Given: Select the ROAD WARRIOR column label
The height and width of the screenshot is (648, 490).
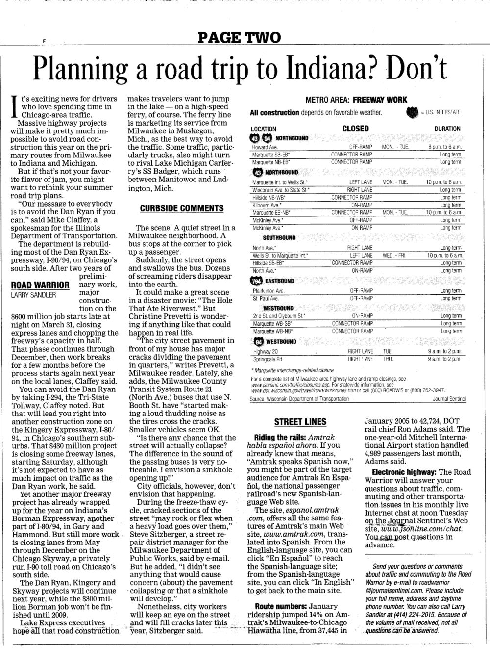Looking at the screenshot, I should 40,285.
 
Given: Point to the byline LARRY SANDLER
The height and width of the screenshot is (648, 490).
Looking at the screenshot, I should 34,295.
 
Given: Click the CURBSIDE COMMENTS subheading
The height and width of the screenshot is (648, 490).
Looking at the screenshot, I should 181,208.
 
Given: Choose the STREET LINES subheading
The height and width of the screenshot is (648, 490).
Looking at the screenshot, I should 300,422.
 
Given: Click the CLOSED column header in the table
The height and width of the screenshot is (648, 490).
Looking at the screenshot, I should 355,129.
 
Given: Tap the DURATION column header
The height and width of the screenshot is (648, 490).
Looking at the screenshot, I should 447,129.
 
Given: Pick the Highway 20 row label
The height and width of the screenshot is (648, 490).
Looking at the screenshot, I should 265,352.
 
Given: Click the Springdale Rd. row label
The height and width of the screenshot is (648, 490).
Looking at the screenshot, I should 268,359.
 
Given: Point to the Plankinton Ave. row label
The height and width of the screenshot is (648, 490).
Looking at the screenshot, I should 269,291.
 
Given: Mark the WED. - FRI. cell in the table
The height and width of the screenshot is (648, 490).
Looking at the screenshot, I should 394,256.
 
